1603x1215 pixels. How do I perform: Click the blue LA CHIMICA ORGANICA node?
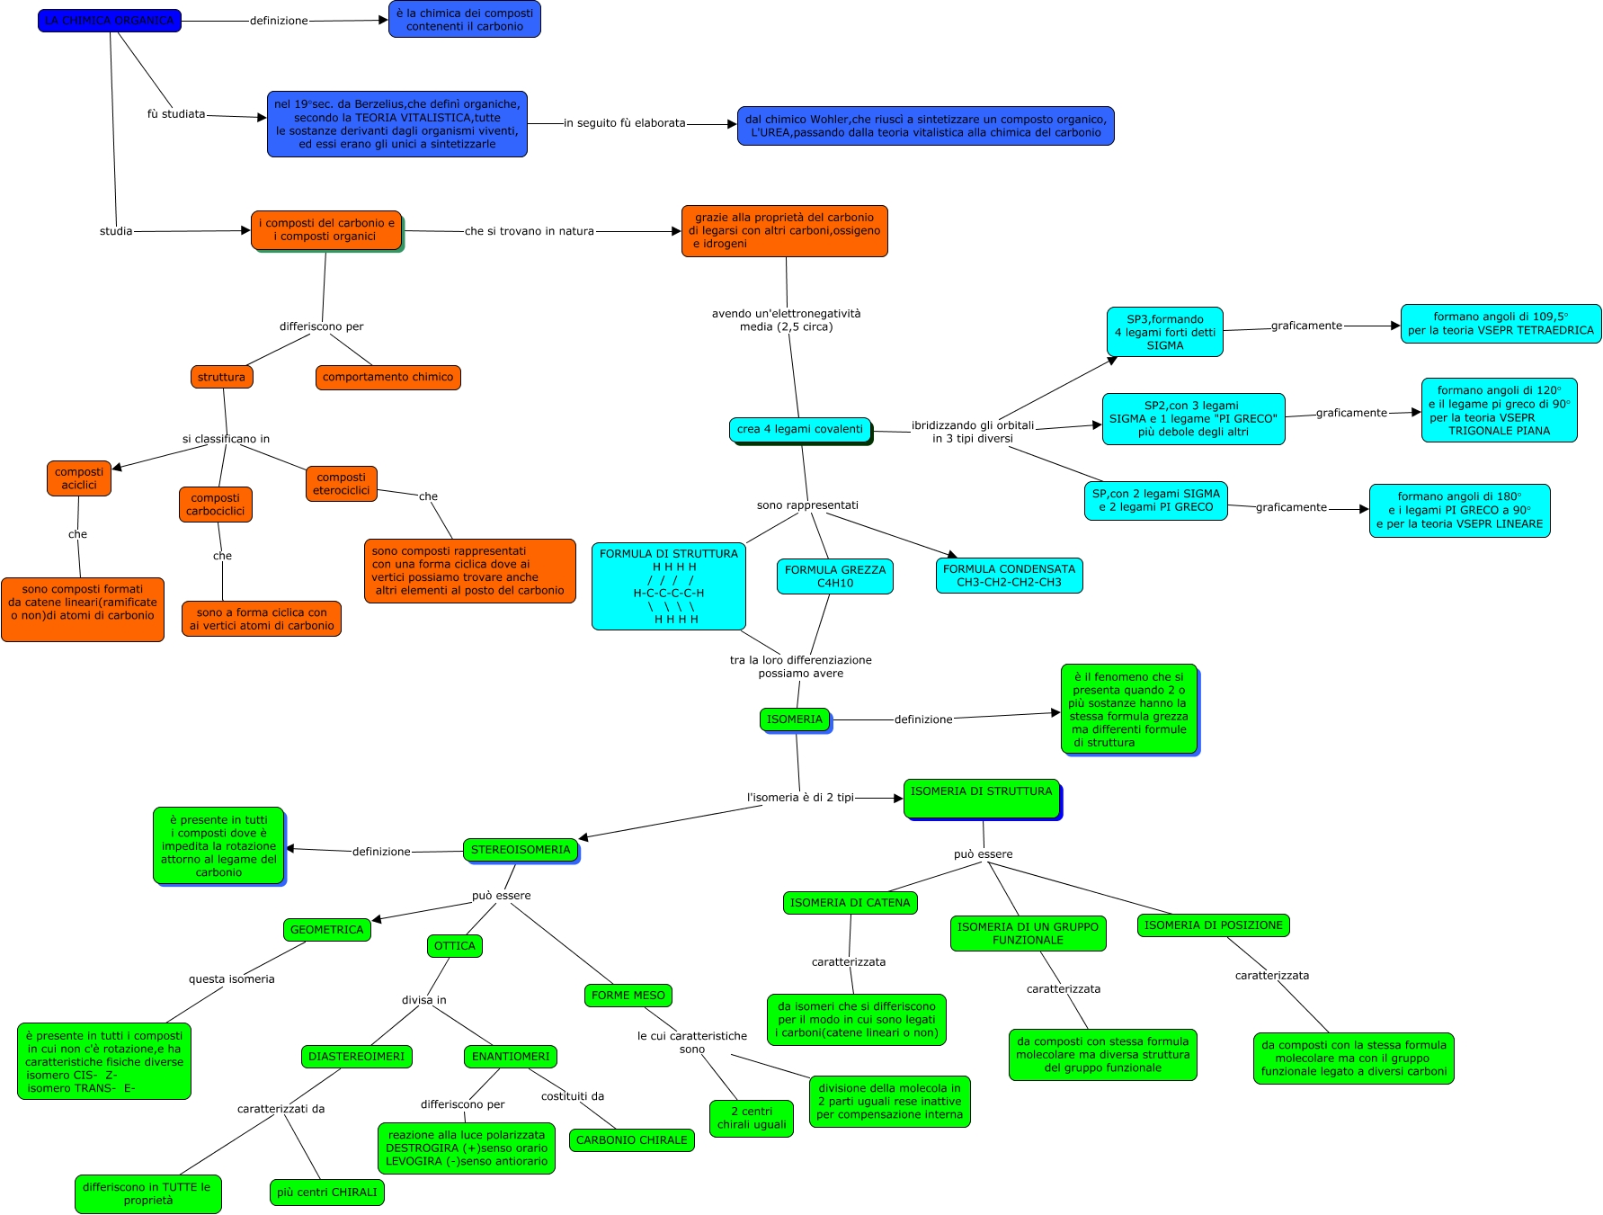tap(110, 21)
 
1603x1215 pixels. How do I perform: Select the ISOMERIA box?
tap(794, 719)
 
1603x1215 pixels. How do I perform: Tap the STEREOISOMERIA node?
tap(521, 850)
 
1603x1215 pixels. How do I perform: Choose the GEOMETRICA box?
tap(326, 930)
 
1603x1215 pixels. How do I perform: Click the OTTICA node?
tap(454, 946)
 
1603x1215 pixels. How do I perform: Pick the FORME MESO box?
tap(628, 996)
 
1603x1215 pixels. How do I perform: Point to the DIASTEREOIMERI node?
tap(356, 1057)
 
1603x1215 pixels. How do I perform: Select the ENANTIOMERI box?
tap(510, 1057)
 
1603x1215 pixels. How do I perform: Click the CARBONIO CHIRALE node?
tap(631, 1140)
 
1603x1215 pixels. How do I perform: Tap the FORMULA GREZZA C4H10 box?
tap(834, 576)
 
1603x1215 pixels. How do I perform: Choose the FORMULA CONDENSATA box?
tap(1009, 576)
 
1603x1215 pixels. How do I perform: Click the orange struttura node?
tap(221, 378)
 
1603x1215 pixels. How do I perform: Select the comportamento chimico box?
tap(387, 378)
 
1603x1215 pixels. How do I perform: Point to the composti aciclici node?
tap(79, 478)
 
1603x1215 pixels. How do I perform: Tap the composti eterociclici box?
tap(341, 484)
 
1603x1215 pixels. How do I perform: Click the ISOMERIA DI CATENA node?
tap(850, 903)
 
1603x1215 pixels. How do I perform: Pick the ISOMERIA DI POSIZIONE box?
tap(1213, 925)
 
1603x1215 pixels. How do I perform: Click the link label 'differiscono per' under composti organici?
tap(321, 326)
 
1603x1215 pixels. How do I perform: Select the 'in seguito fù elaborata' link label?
tap(624, 123)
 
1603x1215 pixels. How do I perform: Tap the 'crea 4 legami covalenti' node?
tap(799, 430)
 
